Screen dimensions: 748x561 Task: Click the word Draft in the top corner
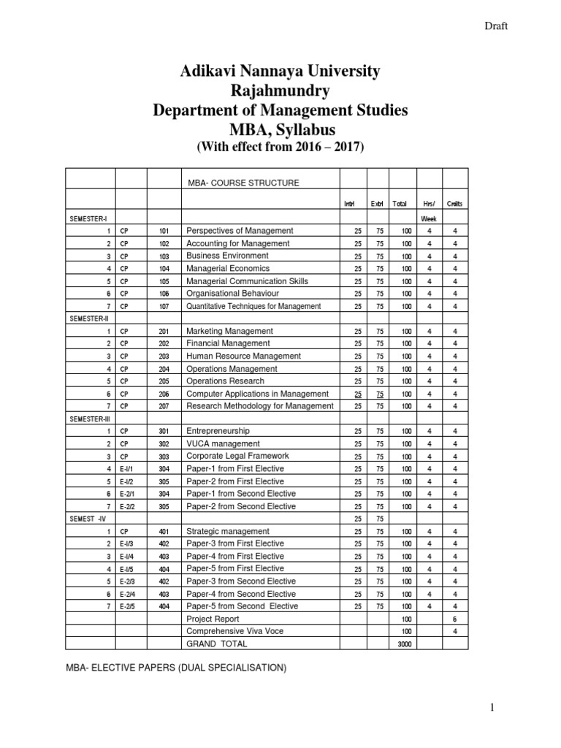(496, 26)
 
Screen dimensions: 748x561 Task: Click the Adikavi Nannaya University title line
(280, 72)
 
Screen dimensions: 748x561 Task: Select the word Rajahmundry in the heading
(280, 91)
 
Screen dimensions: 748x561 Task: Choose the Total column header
(400, 204)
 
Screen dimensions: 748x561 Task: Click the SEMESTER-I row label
(88, 218)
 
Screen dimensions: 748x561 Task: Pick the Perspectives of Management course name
(240, 231)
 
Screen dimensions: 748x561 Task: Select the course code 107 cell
(164, 307)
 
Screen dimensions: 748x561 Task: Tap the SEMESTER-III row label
(89, 419)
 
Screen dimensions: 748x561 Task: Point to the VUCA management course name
(223, 443)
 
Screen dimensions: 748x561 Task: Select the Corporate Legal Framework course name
(237, 456)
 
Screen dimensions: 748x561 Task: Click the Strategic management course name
(228, 531)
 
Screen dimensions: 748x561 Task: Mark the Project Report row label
(213, 619)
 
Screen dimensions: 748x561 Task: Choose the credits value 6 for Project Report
(455, 619)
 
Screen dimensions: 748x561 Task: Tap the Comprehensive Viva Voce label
(234, 631)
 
